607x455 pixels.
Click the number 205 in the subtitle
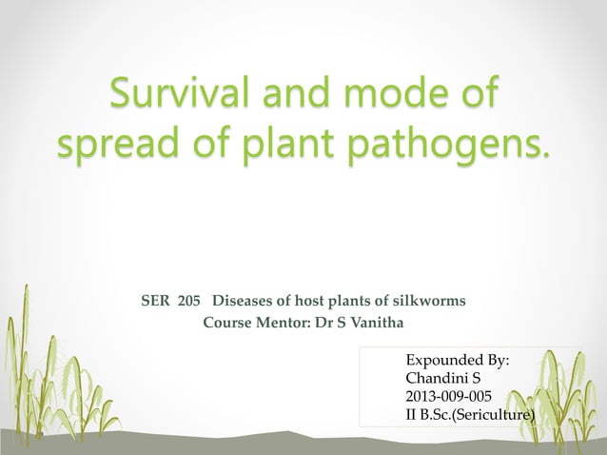click(x=188, y=302)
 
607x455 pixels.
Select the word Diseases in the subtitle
click(x=238, y=302)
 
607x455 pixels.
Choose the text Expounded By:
click(x=458, y=362)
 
